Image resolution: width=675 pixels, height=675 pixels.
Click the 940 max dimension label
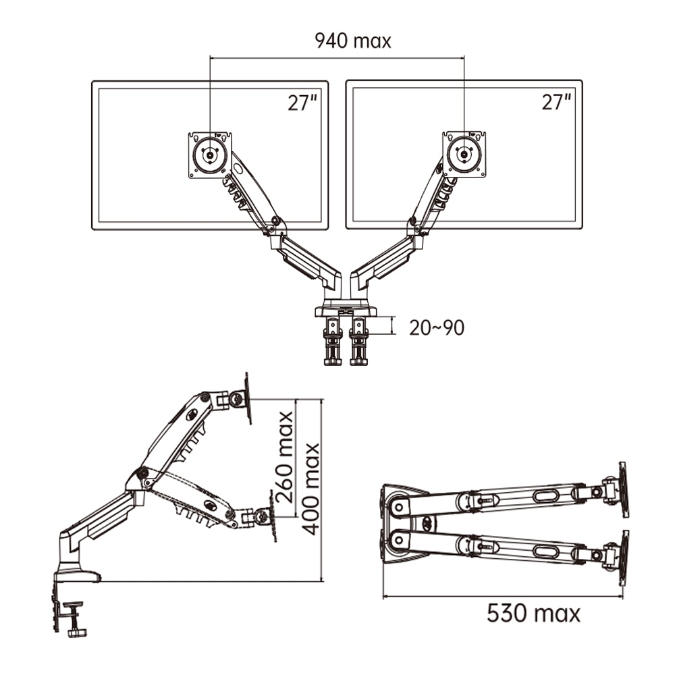352,41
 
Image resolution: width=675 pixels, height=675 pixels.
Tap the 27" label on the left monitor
302,103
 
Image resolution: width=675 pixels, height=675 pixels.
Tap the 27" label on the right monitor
556,102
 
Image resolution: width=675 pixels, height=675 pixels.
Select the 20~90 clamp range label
437,327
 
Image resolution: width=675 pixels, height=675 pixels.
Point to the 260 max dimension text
285,457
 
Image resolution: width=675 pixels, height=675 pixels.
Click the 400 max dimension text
310,489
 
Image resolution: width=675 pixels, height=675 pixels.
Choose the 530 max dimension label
533,613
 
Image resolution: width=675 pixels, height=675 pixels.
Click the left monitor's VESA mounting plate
210,155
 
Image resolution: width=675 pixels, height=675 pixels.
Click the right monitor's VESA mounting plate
464,154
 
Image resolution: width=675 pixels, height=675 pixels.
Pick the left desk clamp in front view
333,342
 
